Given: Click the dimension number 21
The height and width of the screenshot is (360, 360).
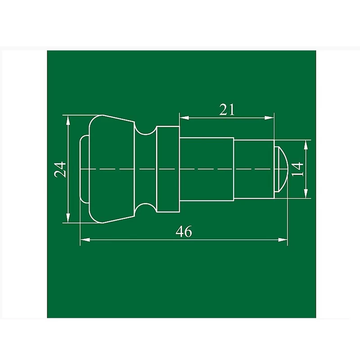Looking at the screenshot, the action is coord(227,109).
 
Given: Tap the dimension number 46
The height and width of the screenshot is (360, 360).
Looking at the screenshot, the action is coord(184,231).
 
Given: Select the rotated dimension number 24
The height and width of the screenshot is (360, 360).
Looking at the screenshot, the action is coord(60,170).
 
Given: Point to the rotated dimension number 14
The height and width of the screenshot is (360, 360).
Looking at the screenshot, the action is coord(297,169).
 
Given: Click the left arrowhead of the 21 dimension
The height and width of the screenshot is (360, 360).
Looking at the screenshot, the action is coord(184,118).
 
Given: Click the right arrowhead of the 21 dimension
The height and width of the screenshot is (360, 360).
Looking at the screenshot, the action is coord(269,118).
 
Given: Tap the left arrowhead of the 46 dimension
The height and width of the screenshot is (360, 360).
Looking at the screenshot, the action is coord(85,240).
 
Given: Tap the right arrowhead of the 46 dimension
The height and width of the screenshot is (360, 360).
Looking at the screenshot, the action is coord(283,240).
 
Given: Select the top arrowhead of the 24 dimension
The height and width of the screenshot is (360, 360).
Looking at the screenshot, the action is coord(68,120).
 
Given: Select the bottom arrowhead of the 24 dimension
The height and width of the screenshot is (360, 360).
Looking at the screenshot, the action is coord(68,218).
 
